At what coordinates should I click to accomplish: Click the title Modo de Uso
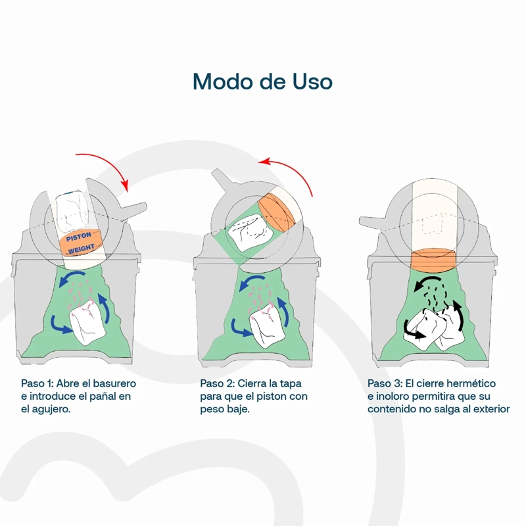coord(262,82)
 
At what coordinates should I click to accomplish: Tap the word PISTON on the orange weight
coord(79,237)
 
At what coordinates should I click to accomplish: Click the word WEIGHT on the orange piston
coord(81,249)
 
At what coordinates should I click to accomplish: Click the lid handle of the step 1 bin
coord(134,210)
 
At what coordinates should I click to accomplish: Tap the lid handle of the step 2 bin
coord(222,178)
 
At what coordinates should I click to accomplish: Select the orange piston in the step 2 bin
coord(277,212)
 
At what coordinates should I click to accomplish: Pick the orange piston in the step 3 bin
coord(433,260)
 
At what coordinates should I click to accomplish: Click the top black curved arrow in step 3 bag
coord(428,283)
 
